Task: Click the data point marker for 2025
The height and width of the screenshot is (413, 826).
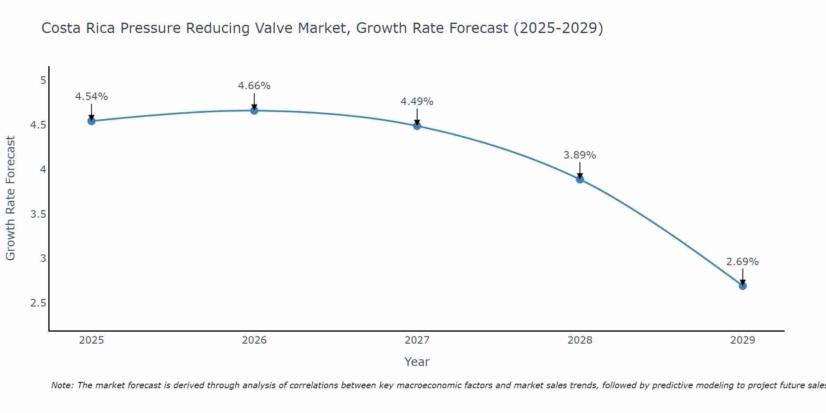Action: (91, 121)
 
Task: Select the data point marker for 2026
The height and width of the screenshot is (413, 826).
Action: (254, 110)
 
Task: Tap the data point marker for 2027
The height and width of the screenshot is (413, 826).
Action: (417, 126)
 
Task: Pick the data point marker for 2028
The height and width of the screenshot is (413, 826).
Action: (580, 179)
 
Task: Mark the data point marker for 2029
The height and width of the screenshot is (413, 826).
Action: (743, 286)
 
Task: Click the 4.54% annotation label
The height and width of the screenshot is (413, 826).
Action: (91, 97)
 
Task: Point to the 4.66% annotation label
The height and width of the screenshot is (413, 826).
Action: (254, 86)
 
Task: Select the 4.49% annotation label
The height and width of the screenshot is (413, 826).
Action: (417, 102)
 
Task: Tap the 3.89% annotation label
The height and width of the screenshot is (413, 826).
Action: (580, 155)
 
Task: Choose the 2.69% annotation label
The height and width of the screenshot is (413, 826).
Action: (743, 262)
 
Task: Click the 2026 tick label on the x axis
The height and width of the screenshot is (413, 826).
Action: (254, 340)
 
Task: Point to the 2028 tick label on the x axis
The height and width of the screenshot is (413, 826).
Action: (580, 340)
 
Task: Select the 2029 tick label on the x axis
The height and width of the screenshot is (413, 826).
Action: (743, 340)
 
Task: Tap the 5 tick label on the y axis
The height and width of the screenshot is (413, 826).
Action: (43, 80)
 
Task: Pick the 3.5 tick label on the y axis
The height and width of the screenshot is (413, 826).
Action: (38, 214)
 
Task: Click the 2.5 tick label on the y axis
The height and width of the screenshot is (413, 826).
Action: (38, 303)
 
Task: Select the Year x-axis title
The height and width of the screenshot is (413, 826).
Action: (417, 362)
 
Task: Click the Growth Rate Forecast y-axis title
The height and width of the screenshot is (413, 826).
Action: (10, 198)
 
